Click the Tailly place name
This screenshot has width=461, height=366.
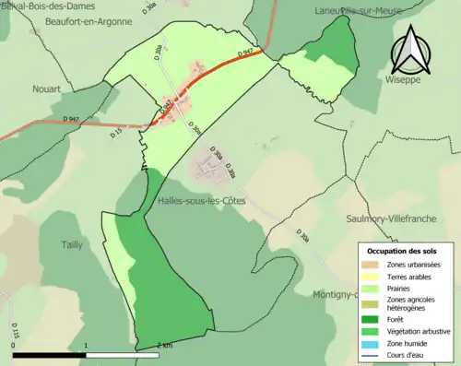pyautogui.click(x=72, y=243)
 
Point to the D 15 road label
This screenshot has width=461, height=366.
pyautogui.click(x=116, y=135)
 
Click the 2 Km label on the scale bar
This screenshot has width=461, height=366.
pyautogui.click(x=164, y=346)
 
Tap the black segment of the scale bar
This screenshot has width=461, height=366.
pyautogui.click(x=50, y=353)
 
